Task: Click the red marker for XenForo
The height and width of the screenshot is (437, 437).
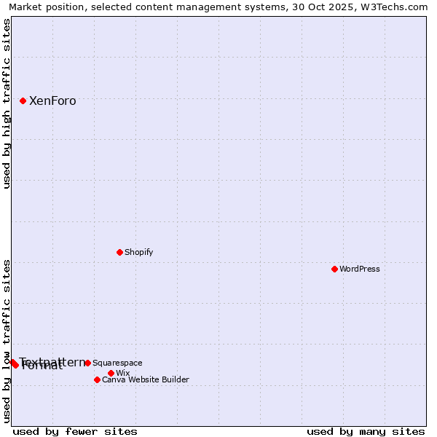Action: click(23, 101)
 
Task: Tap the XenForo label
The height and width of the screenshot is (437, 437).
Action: click(52, 101)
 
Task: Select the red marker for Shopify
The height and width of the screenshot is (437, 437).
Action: click(119, 252)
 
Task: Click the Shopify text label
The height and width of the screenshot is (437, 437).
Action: click(138, 252)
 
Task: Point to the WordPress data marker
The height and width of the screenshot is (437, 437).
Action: click(334, 269)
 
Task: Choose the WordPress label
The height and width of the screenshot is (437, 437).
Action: click(360, 269)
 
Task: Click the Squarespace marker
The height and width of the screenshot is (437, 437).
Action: click(87, 363)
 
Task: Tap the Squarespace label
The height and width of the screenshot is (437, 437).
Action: click(117, 363)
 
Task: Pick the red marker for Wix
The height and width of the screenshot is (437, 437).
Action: click(111, 373)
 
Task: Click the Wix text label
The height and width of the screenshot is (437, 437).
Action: click(122, 373)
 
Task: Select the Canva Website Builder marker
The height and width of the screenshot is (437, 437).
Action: click(97, 379)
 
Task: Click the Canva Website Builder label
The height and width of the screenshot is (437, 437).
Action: click(146, 379)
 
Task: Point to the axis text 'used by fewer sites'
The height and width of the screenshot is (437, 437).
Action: click(75, 431)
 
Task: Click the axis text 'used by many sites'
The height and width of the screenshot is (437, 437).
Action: click(366, 431)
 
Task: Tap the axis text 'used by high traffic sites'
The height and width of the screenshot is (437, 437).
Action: click(7, 103)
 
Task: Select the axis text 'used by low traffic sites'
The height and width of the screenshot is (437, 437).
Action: click(7, 341)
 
